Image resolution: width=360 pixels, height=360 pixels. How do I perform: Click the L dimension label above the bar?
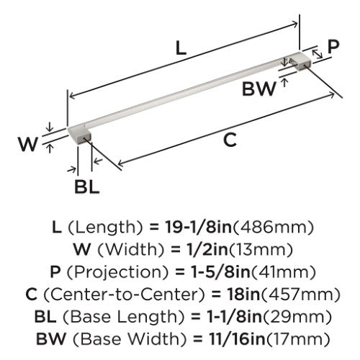(x=181, y=48)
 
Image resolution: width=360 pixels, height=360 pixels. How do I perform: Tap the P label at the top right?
(x=333, y=47)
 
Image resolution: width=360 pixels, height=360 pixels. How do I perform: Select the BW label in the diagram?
(x=259, y=89)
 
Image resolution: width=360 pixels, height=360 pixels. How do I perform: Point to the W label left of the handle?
(x=28, y=144)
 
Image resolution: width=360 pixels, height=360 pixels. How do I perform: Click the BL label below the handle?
(x=87, y=186)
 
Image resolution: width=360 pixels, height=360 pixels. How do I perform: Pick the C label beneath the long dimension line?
(x=230, y=140)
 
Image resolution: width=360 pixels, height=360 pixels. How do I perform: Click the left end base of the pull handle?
(x=79, y=135)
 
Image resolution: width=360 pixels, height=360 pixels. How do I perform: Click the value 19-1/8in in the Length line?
(x=198, y=228)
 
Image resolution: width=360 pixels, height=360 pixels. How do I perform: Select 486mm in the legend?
(x=274, y=228)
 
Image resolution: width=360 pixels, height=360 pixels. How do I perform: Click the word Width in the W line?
(x=130, y=250)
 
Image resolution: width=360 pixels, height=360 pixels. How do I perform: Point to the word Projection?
(x=117, y=272)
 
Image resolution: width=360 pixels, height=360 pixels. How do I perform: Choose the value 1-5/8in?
(x=217, y=272)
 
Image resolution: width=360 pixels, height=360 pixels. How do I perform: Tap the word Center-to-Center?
(x=125, y=294)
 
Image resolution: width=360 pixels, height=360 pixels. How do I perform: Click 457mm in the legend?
(x=300, y=294)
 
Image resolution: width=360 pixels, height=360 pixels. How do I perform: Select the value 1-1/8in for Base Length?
(x=234, y=317)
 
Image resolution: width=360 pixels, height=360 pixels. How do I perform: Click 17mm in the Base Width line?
(x=297, y=339)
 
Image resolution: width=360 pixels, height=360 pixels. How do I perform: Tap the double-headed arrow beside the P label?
(x=318, y=54)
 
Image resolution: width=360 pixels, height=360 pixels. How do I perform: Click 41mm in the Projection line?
(x=282, y=272)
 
